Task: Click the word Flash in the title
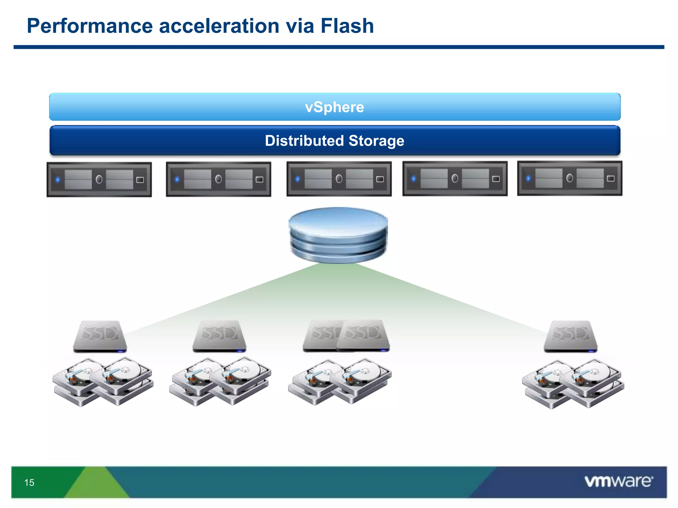[x=347, y=26]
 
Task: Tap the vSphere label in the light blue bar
[x=334, y=107]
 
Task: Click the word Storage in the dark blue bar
[x=376, y=141]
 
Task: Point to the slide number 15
[x=29, y=483]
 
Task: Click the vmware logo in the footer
[x=618, y=481]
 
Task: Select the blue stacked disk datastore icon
[x=338, y=235]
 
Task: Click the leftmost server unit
[x=99, y=180]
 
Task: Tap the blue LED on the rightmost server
[x=528, y=179]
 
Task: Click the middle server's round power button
[x=339, y=179]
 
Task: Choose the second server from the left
[x=218, y=179]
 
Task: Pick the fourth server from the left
[x=455, y=179]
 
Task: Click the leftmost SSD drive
[x=100, y=336]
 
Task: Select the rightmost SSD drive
[x=571, y=336]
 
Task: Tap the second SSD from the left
[x=219, y=336]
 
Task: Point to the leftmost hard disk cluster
[x=103, y=382]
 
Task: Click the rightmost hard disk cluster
[x=573, y=384]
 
